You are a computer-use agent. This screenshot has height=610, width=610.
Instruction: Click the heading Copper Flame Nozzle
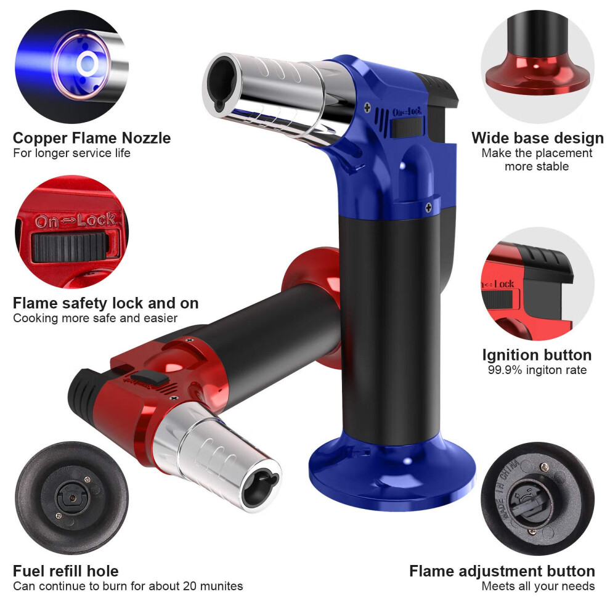[92, 138]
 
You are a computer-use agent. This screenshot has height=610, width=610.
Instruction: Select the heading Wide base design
[537, 138]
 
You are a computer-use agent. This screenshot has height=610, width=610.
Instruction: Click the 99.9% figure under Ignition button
[505, 370]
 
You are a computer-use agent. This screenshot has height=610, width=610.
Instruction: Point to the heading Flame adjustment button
[502, 571]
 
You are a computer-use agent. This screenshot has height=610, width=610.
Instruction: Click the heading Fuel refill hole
[66, 571]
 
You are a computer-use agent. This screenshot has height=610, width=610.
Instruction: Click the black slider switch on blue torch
[407, 127]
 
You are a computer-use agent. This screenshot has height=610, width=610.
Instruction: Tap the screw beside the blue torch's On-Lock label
[367, 108]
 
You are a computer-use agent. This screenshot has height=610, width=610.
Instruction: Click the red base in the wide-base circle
[539, 76]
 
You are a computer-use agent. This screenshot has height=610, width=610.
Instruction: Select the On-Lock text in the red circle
[75, 221]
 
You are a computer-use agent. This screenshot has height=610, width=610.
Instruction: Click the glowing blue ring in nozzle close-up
[87, 63]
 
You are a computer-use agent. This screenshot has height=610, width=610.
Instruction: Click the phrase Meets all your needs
[538, 586]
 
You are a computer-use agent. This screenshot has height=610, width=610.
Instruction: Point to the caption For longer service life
[71, 153]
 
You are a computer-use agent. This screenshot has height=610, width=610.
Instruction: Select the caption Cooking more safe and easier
[96, 318]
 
